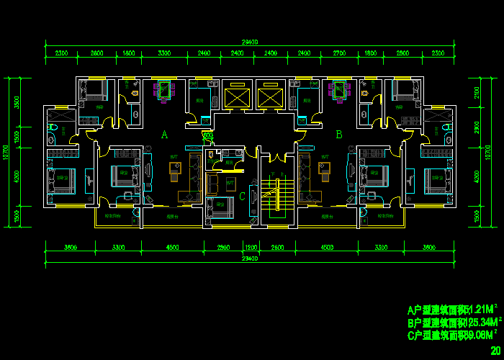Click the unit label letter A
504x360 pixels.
164,135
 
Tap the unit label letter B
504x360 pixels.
338,135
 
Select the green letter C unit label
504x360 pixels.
243,197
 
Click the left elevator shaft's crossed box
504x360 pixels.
235,95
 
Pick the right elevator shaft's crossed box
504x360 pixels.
269,95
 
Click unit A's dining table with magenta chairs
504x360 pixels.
165,91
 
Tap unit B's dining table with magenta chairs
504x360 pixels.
338,91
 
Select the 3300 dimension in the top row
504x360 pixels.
164,53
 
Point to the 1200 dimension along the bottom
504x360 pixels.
251,248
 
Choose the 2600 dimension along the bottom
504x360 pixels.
277,248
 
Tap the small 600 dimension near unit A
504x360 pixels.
207,135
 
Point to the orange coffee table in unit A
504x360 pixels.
175,168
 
